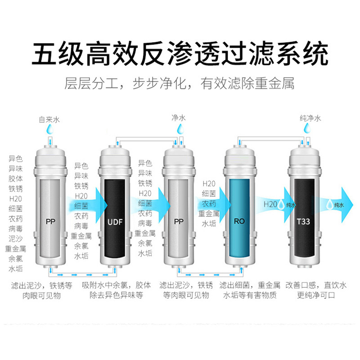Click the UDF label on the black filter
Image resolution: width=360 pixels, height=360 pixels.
click(x=115, y=222)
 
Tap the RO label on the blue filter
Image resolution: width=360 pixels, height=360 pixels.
click(x=239, y=221)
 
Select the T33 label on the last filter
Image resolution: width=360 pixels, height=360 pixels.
click(x=303, y=221)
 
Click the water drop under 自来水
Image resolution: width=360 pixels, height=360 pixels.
click(x=50, y=129)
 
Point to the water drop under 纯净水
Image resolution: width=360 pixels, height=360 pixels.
click(x=307, y=128)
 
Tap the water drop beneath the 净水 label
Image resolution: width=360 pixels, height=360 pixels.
click(x=180, y=129)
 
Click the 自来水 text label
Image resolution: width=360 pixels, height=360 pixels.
click(x=49, y=119)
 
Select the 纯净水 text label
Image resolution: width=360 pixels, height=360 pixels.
click(x=310, y=118)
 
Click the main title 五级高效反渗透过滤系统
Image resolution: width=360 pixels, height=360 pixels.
click(x=180, y=54)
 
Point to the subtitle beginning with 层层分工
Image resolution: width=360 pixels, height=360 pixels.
click(x=179, y=83)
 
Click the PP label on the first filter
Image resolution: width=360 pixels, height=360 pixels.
click(x=50, y=222)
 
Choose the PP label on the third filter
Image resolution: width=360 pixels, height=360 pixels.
click(x=179, y=221)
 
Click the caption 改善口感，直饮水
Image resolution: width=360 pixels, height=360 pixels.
click(x=316, y=285)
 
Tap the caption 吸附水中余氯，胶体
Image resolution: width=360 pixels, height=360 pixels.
click(x=117, y=285)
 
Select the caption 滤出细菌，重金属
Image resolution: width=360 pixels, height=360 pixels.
click(x=250, y=285)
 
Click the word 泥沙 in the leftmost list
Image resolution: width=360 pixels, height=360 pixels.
click(x=16, y=239)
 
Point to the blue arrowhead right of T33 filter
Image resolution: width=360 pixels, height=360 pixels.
click(x=347, y=205)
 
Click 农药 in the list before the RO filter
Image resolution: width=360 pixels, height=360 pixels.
click(x=209, y=204)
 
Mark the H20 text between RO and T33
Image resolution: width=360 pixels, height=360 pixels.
click(x=270, y=204)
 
